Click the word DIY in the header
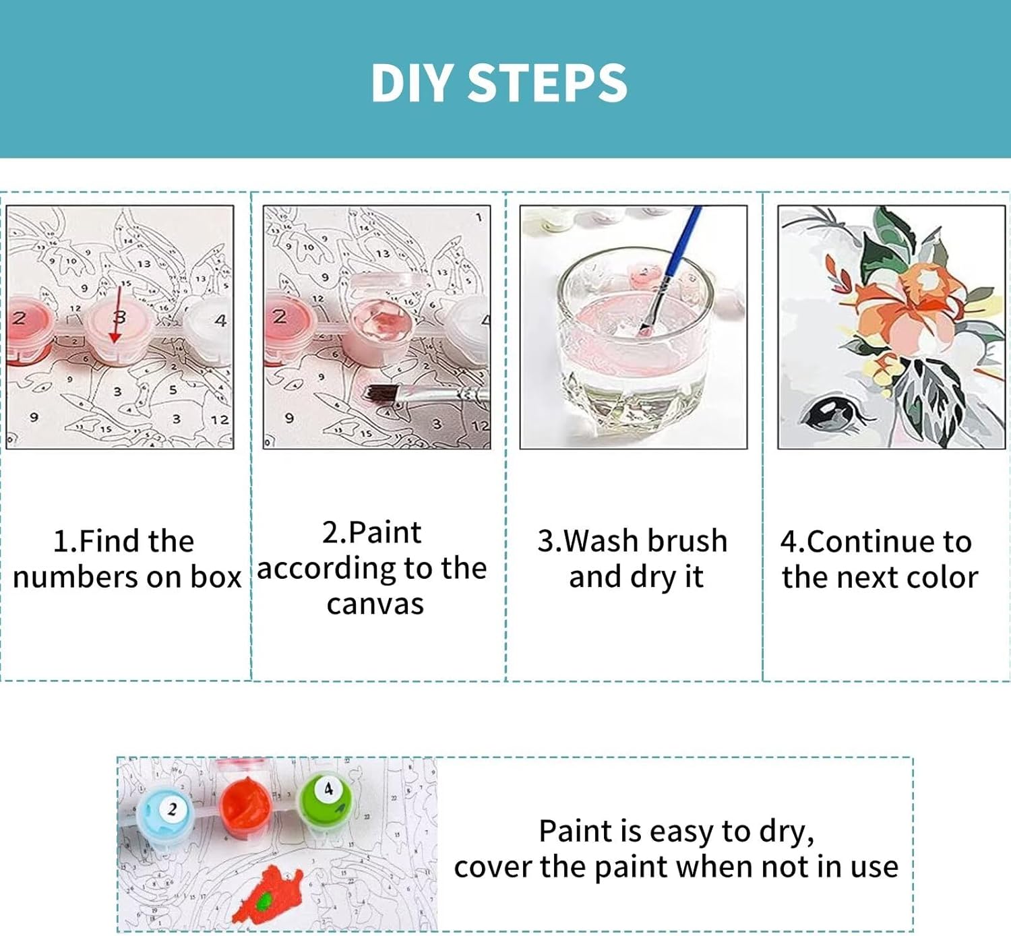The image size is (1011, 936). [x=412, y=83]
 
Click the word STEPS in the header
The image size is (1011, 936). [x=547, y=83]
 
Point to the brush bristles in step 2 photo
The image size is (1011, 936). [x=381, y=394]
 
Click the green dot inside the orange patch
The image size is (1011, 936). [x=263, y=902]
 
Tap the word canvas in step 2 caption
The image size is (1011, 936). [x=375, y=604]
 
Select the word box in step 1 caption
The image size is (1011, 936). [x=215, y=578]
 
